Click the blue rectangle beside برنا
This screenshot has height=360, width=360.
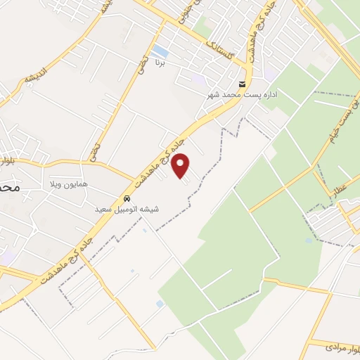(160, 51)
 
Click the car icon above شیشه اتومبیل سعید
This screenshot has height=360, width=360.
(127, 198)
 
